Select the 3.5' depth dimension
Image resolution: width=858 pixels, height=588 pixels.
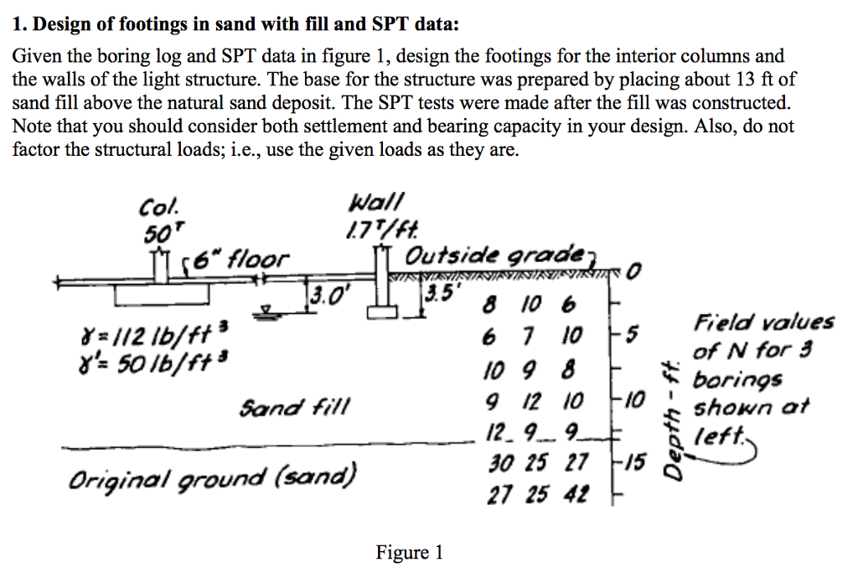437,296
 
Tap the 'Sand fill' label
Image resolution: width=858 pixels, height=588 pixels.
294,409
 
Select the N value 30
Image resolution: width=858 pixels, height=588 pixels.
499,462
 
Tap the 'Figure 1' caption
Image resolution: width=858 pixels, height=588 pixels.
409,553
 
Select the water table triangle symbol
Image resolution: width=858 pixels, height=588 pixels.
266,312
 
